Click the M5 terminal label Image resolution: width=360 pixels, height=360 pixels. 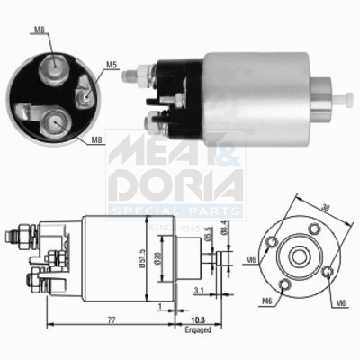112,64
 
